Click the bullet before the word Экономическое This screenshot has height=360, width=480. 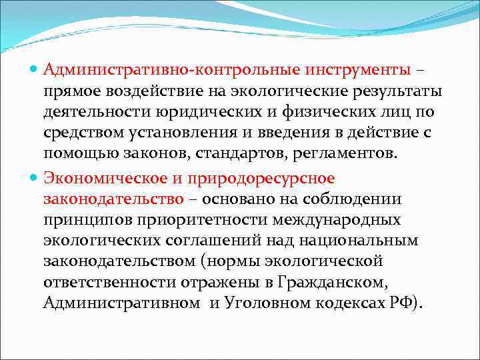35,179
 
